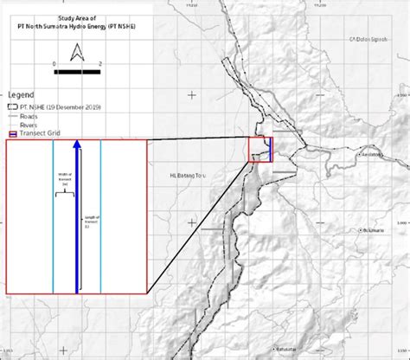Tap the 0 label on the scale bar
pyautogui.click(x=54, y=65)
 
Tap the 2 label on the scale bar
pyautogui.click(x=101, y=65)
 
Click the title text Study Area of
pyautogui.click(x=76, y=7)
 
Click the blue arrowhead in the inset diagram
pyautogui.click(x=76, y=146)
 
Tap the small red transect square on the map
pyautogui.click(x=260, y=150)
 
